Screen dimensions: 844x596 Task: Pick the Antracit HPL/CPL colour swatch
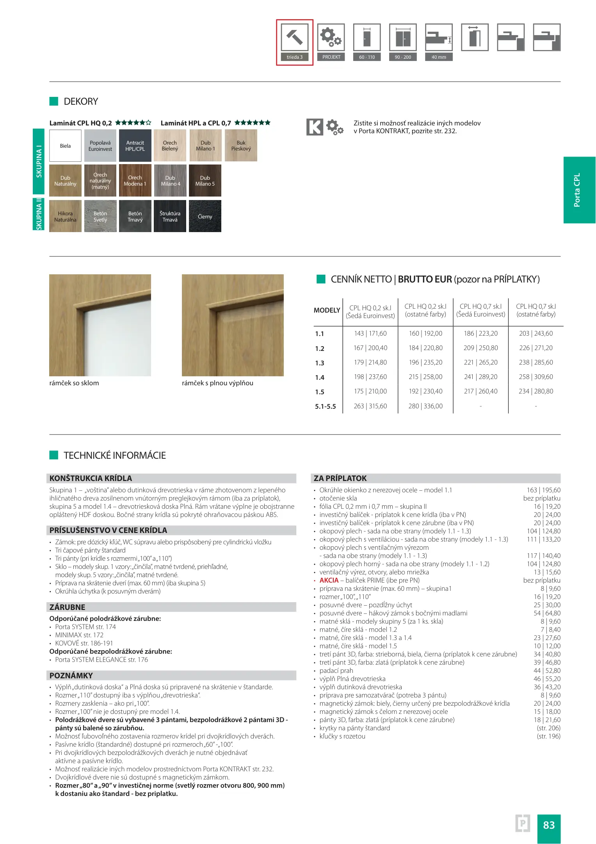pyautogui.click(x=135, y=146)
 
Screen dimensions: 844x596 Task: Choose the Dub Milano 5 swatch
pyautogui.click(x=205, y=181)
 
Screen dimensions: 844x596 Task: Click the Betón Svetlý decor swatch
pyautogui.click(x=100, y=216)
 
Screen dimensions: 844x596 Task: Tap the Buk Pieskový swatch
pyautogui.click(x=241, y=146)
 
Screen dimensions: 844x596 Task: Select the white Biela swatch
pyautogui.click(x=65, y=146)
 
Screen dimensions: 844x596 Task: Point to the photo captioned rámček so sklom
pyautogui.click(x=100, y=325)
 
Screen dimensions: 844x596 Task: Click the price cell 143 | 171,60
pyautogui.click(x=370, y=333)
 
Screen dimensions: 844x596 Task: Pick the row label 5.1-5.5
pyautogui.click(x=326, y=406)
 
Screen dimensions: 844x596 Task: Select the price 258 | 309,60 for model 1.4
pyautogui.click(x=536, y=377)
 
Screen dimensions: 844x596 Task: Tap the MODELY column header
pyautogui.click(x=327, y=310)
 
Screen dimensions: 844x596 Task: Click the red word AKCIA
pyautogui.click(x=329, y=580)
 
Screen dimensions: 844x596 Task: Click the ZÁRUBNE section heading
pyautogui.click(x=67, y=607)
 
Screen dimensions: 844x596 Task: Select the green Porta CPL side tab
pyautogui.click(x=579, y=190)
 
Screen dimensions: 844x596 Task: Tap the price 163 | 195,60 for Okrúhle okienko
pyautogui.click(x=543, y=490)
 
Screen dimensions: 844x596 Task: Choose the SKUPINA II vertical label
pyautogui.click(x=39, y=214)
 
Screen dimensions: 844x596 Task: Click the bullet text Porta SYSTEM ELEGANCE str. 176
pyautogui.click(x=101, y=660)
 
